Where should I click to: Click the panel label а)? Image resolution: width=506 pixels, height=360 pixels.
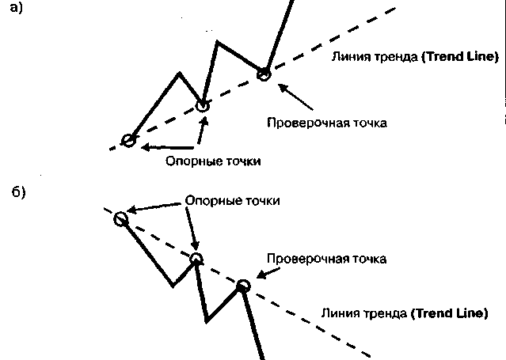point(16,11)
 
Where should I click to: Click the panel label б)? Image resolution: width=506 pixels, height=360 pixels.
point(18,193)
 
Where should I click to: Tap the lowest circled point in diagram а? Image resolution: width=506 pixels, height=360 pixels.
point(128,141)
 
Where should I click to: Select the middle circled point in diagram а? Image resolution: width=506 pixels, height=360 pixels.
point(203,105)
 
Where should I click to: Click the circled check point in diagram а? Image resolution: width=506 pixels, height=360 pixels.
point(264,74)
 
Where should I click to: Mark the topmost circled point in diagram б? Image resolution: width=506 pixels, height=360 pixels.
point(120,219)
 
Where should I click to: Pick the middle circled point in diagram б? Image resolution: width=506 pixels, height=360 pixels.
point(196,259)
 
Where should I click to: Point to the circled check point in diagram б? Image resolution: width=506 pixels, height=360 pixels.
point(243,285)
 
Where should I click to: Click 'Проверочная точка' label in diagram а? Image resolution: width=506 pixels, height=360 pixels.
point(326,123)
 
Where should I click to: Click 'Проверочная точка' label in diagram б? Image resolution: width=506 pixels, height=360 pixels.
point(326,259)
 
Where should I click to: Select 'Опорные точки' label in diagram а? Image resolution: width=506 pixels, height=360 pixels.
point(212,161)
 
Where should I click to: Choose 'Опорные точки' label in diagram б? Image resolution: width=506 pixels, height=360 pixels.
point(232,201)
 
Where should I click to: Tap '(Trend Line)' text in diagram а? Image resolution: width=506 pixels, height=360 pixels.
point(460,57)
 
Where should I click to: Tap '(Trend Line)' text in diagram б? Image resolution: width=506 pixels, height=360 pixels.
point(448,313)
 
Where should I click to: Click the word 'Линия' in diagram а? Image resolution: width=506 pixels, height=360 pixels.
point(349,57)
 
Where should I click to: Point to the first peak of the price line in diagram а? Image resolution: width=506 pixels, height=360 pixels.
point(180,74)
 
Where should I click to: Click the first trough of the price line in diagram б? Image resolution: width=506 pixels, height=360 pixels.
point(173,285)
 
